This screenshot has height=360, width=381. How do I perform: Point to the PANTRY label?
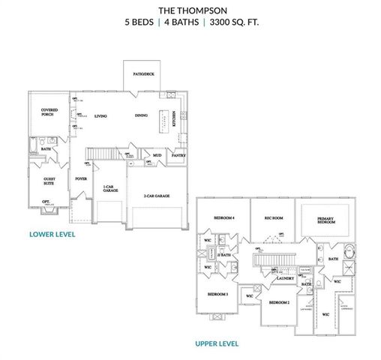click(178, 156)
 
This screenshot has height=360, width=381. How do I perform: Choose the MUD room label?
click(157, 156)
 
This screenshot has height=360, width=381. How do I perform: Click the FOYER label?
click(80, 179)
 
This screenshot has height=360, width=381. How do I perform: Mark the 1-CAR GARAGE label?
click(109, 188)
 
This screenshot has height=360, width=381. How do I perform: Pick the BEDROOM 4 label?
click(224, 217)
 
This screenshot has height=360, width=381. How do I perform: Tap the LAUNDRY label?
click(284, 278)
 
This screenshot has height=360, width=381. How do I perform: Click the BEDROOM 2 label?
click(279, 302)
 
